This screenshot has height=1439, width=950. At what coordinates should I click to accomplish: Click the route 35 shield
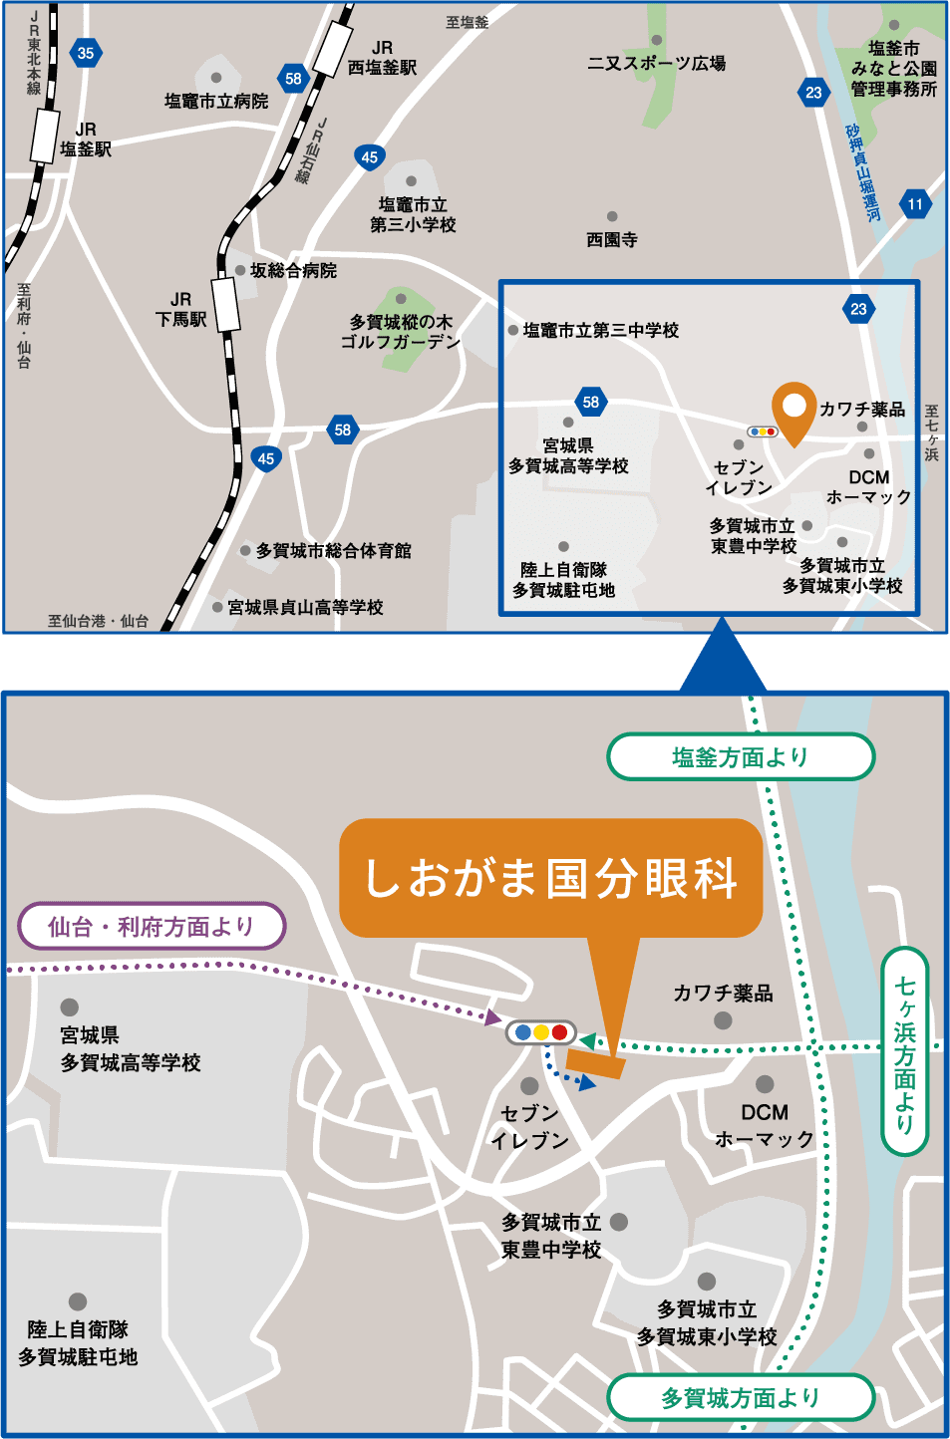click(86, 53)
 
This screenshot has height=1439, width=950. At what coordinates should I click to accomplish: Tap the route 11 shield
click(915, 204)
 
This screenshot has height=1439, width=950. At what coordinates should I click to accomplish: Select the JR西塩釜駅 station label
click(382, 58)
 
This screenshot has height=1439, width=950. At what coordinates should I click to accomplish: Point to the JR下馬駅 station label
click(180, 309)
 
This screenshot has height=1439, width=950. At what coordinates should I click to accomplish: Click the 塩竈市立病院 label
click(216, 101)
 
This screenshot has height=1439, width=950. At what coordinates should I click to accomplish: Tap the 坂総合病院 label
click(293, 270)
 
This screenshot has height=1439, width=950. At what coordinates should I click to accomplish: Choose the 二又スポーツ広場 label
click(656, 63)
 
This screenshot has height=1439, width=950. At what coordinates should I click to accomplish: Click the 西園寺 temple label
click(611, 239)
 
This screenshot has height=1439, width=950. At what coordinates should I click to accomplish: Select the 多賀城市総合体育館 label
click(333, 550)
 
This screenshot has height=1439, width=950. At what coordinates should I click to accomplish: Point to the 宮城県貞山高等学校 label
click(305, 607)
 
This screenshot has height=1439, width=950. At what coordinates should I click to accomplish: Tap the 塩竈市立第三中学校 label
click(600, 330)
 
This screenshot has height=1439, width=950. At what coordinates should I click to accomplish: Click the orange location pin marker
click(793, 411)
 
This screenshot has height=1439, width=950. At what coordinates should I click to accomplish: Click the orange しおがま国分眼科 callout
click(550, 878)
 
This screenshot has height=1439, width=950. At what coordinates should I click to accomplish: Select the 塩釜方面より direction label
click(741, 757)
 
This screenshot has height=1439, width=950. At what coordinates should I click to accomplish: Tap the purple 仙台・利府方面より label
click(152, 927)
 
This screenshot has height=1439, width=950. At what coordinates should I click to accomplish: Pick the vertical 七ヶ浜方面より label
click(904, 1050)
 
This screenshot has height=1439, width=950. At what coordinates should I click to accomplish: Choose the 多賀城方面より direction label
click(741, 1397)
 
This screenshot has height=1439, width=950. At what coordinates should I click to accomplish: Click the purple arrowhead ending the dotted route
click(492, 1017)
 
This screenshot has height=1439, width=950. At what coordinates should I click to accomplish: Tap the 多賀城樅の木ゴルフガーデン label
click(401, 332)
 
